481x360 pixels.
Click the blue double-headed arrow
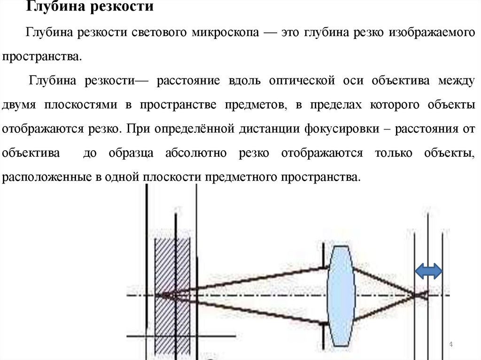(428, 271)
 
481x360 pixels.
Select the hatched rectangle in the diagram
(172, 296)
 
